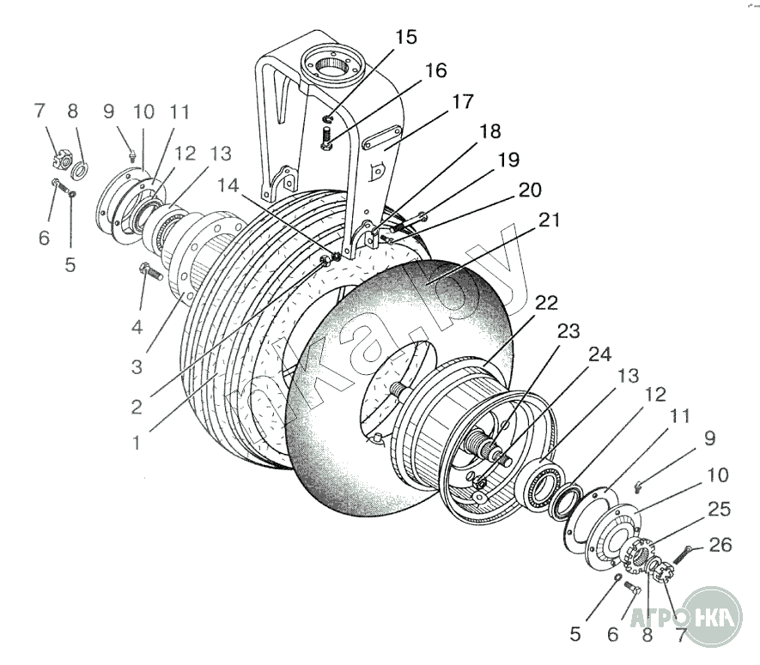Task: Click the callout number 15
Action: click(x=406, y=37)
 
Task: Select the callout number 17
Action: click(x=462, y=101)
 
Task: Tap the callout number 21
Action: click(x=549, y=221)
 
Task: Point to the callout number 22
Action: click(x=546, y=303)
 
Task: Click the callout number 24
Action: click(x=600, y=354)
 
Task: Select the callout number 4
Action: click(x=137, y=327)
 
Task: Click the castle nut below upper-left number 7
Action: click(x=61, y=159)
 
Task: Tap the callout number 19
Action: click(x=508, y=160)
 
